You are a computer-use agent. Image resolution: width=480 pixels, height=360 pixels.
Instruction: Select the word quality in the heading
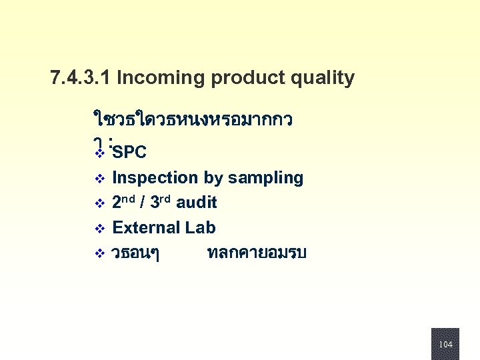321,79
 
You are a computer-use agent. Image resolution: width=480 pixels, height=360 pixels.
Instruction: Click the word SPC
129,153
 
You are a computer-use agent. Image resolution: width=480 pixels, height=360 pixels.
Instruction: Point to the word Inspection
155,178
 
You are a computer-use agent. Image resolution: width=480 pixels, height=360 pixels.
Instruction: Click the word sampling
265,178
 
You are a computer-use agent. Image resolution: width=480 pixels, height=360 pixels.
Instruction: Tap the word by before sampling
213,178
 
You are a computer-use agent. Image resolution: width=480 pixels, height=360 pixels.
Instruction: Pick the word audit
197,202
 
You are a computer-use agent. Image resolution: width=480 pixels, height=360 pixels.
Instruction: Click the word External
146,228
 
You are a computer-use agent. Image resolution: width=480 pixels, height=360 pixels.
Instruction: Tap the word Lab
200,228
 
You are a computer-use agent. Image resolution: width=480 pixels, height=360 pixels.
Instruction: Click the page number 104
445,344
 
